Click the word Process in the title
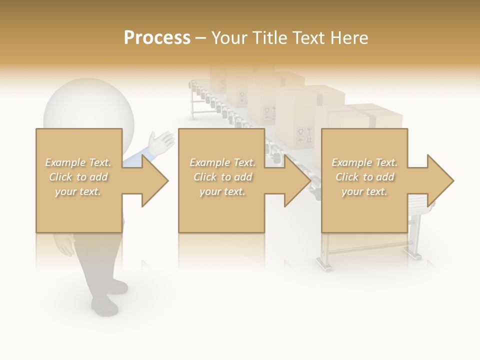[x=157, y=38]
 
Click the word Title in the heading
[x=270, y=38]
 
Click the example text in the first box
[x=78, y=177]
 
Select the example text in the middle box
[x=222, y=177]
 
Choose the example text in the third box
[x=364, y=177]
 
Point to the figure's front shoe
[x=104, y=304]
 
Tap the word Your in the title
[x=231, y=38]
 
